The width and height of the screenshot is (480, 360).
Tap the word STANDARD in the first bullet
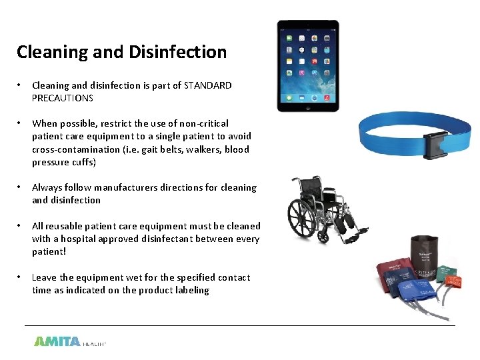[x=208, y=85]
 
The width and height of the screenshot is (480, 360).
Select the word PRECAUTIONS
[x=63, y=98]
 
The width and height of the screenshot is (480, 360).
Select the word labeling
[x=192, y=290]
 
